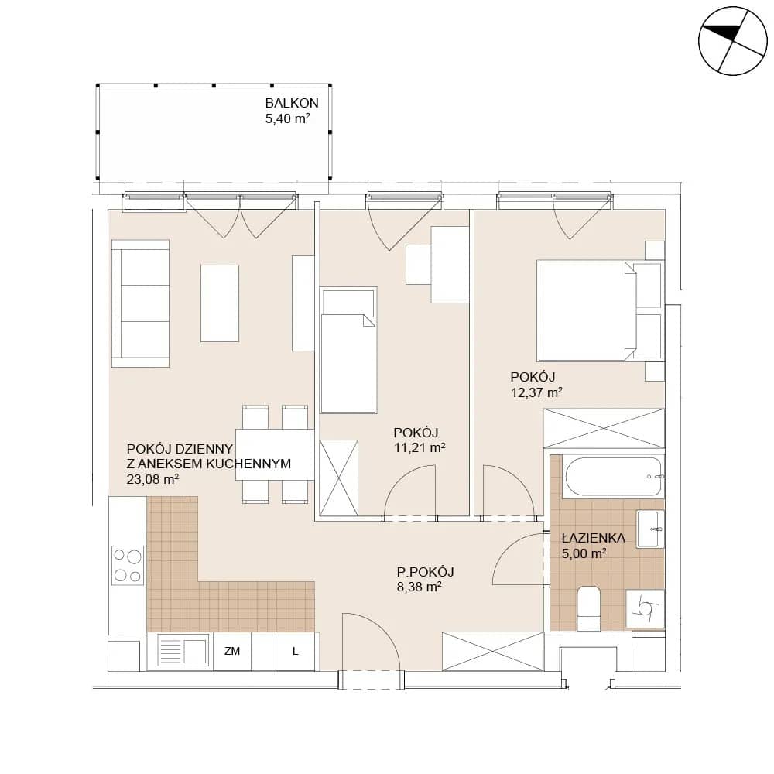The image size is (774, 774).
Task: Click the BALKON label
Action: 292,103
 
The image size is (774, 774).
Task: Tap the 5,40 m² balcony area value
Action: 288,118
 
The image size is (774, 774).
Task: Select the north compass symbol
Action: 733,41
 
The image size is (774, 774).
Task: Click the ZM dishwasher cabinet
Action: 232,651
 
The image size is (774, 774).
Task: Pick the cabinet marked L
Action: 295,651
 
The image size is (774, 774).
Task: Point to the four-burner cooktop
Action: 128,565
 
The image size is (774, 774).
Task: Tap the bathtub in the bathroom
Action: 613,477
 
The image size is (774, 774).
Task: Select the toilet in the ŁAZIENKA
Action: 588,608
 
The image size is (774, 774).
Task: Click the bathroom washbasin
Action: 649,529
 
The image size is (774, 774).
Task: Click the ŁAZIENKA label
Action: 594,538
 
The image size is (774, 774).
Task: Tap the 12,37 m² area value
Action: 536,392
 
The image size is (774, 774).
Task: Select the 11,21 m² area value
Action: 420,447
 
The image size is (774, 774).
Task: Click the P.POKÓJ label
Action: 426,572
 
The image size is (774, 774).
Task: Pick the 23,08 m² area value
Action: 152,479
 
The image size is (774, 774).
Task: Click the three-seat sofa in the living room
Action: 141,303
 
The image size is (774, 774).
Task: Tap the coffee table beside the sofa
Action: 220,303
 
